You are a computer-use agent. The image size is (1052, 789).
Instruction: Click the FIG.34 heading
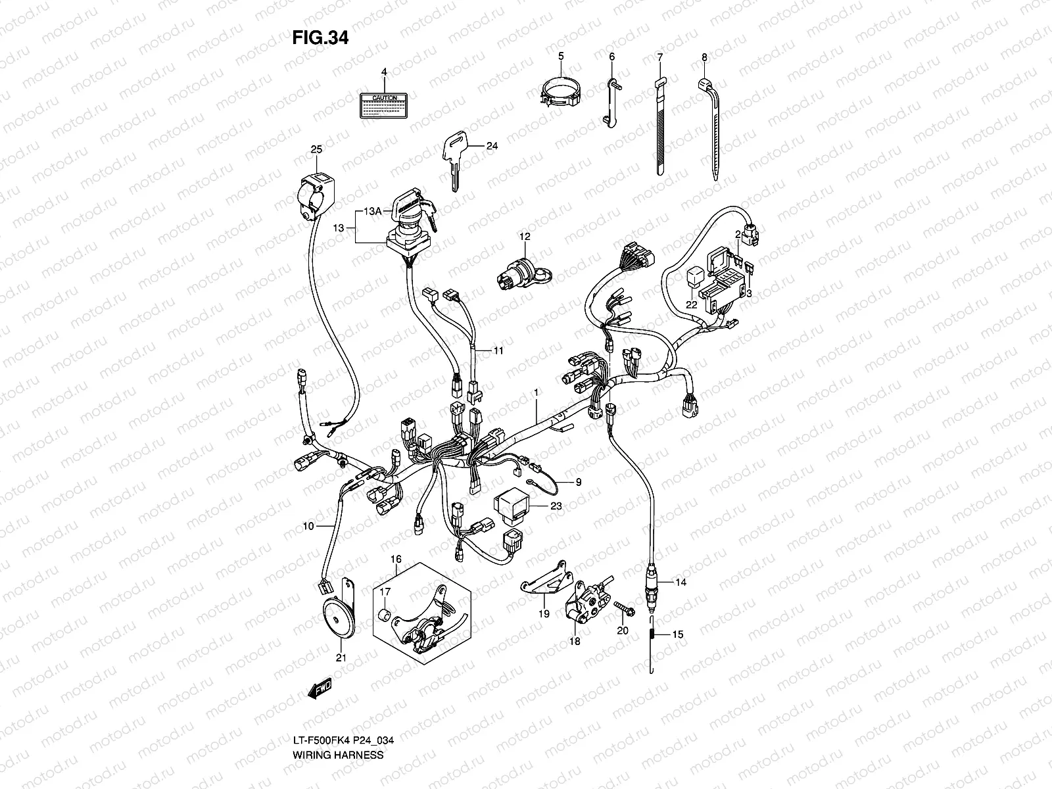pos(320,38)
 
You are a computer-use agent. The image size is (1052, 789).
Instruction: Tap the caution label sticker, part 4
pos(385,105)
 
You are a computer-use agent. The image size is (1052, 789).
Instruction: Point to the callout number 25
pos(316,151)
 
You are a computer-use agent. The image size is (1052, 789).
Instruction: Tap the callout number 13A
pos(373,211)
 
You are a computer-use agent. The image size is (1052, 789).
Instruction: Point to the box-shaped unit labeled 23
pos(514,506)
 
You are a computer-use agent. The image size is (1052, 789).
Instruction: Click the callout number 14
pos(680,583)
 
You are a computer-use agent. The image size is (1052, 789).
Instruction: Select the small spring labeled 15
pos(652,634)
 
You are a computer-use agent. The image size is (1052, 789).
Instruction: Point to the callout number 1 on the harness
pos(537,393)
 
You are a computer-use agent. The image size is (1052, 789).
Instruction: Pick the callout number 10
pos(308,526)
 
